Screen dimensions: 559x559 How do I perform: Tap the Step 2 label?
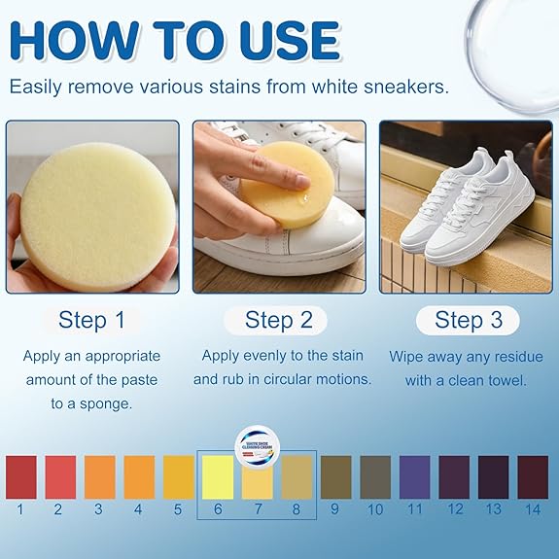(x=282, y=320)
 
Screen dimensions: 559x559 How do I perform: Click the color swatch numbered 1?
(x=20, y=477)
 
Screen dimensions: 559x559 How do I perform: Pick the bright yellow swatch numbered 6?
(x=218, y=477)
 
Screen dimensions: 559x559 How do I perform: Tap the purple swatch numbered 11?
(x=414, y=477)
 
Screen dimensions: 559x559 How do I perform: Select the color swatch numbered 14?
(x=532, y=477)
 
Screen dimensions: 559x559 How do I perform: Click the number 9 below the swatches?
(x=335, y=508)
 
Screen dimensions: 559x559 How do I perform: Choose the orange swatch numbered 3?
(x=99, y=477)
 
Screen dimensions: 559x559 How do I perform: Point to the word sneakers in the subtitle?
(x=401, y=87)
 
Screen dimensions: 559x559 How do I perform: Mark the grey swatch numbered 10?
(x=374, y=477)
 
